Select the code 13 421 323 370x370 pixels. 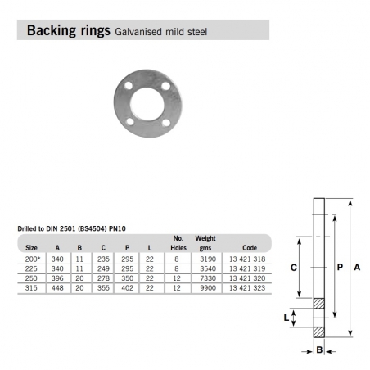(246, 288)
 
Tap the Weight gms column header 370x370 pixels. (205, 242)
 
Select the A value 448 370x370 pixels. (57, 288)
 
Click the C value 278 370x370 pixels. (102, 278)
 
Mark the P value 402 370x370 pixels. (126, 288)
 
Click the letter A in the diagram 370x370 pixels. (357, 267)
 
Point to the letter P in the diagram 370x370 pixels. (339, 267)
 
